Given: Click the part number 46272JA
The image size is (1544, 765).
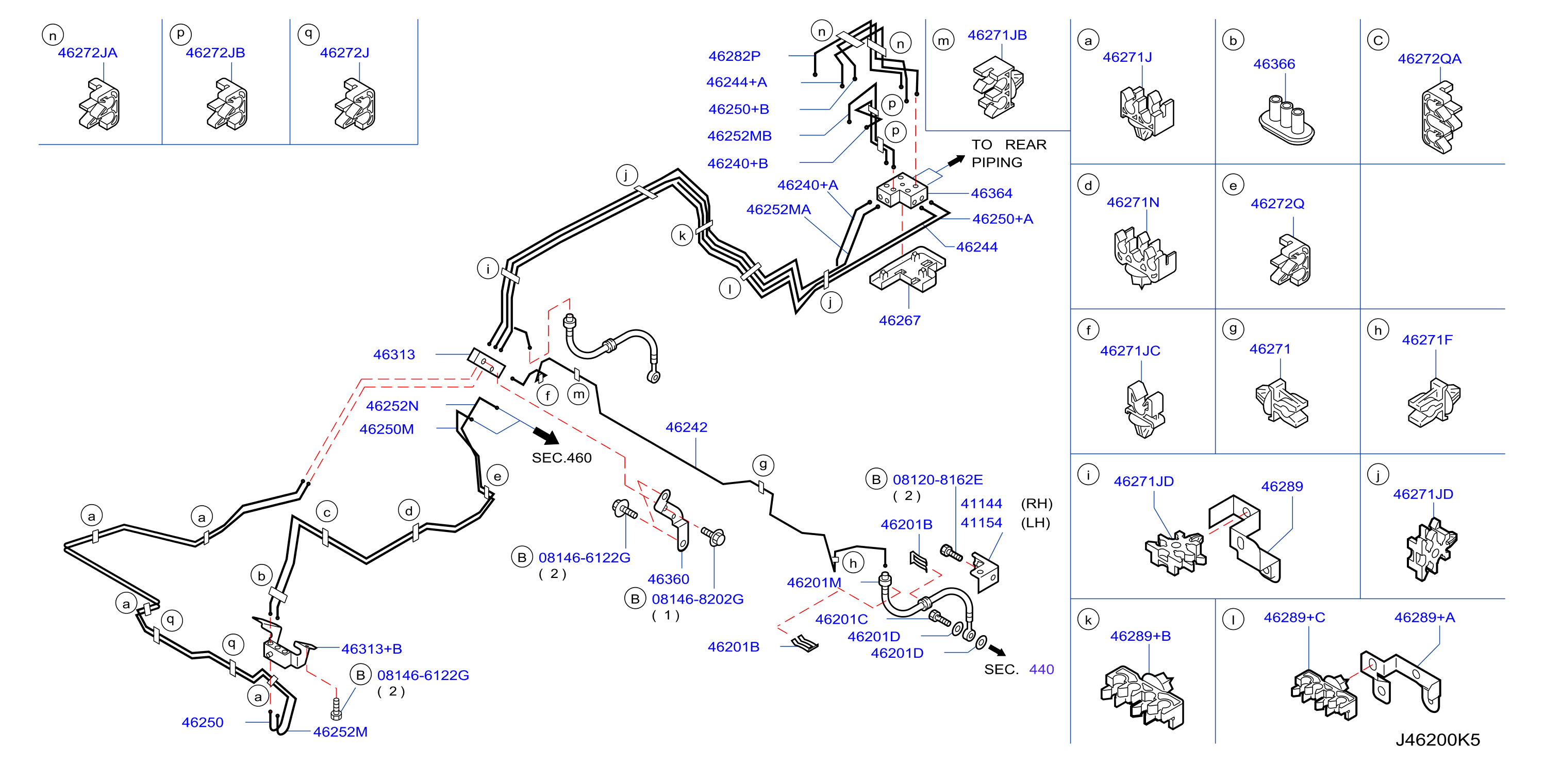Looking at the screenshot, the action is pyautogui.click(x=88, y=53).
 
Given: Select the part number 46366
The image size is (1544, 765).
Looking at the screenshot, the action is pyautogui.click(x=1274, y=64).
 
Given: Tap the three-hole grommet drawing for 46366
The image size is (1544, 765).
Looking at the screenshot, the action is pyautogui.click(x=1286, y=120).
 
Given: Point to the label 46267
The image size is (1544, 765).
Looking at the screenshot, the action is pyautogui.click(x=899, y=321).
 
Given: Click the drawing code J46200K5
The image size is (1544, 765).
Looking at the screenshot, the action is pyautogui.click(x=1437, y=740).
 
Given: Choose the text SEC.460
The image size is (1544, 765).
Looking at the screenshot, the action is pyautogui.click(x=561, y=458).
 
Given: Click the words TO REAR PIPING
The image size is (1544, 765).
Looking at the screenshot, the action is pyautogui.click(x=1009, y=154).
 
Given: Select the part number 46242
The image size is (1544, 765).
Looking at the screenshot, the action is pyautogui.click(x=686, y=427).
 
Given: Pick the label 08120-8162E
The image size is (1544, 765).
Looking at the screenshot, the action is pyautogui.click(x=937, y=479).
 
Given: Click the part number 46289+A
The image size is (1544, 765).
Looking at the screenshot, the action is pyautogui.click(x=1424, y=618).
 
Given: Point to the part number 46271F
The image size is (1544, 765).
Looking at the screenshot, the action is pyautogui.click(x=1427, y=340).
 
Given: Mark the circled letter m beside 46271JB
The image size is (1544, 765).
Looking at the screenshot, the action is pyautogui.click(x=943, y=40).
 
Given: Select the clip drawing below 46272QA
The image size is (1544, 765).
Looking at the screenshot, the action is pyautogui.click(x=1441, y=118).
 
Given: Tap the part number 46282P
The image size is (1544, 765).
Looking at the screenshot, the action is pyautogui.click(x=734, y=56).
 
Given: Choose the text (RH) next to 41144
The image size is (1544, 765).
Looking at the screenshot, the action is pyautogui.click(x=1036, y=504).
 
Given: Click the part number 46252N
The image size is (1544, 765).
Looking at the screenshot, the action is pyautogui.click(x=392, y=406).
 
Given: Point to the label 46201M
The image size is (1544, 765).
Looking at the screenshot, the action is pyautogui.click(x=814, y=583).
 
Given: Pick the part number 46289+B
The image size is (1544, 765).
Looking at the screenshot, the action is pyautogui.click(x=1140, y=636).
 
